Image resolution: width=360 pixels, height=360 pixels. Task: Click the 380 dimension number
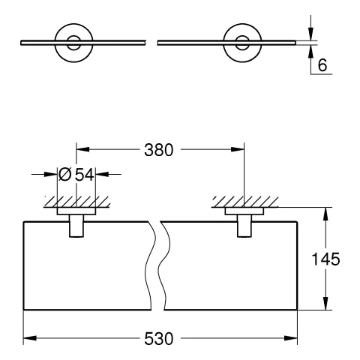click(159, 148)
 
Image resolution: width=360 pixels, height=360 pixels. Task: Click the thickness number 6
click(322, 65)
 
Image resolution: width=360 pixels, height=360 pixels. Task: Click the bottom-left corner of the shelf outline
click(24, 309)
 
